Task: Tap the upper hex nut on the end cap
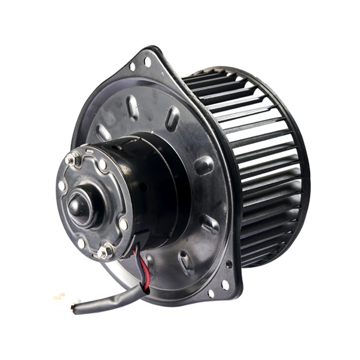coord(74,159)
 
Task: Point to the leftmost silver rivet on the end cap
coord(62,186)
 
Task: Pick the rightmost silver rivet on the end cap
coord(123,224)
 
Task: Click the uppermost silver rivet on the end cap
coord(103,164)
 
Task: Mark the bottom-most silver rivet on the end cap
coord(81,243)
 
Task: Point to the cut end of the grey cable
coord(74,308)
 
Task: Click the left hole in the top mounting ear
coord(131,67)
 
